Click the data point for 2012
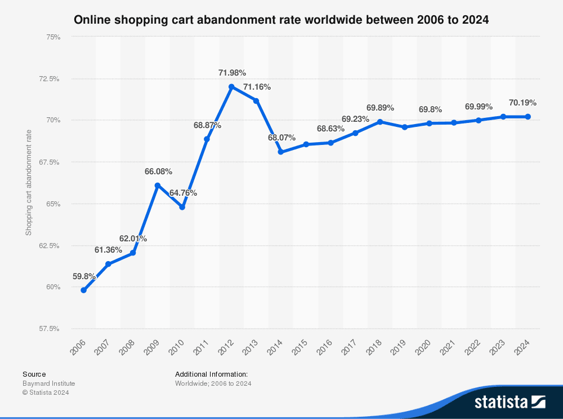[x=231, y=87]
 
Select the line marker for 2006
[x=83, y=290]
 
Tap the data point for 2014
[x=280, y=152]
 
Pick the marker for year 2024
[x=528, y=117]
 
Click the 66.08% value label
[x=158, y=171]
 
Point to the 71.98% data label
[x=232, y=73]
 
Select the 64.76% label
[x=183, y=193]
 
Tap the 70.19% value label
[x=522, y=103]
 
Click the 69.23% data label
[x=355, y=119]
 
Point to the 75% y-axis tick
[x=53, y=37]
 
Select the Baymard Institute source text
[x=48, y=383]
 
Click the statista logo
[x=509, y=402]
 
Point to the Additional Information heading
[x=211, y=374]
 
